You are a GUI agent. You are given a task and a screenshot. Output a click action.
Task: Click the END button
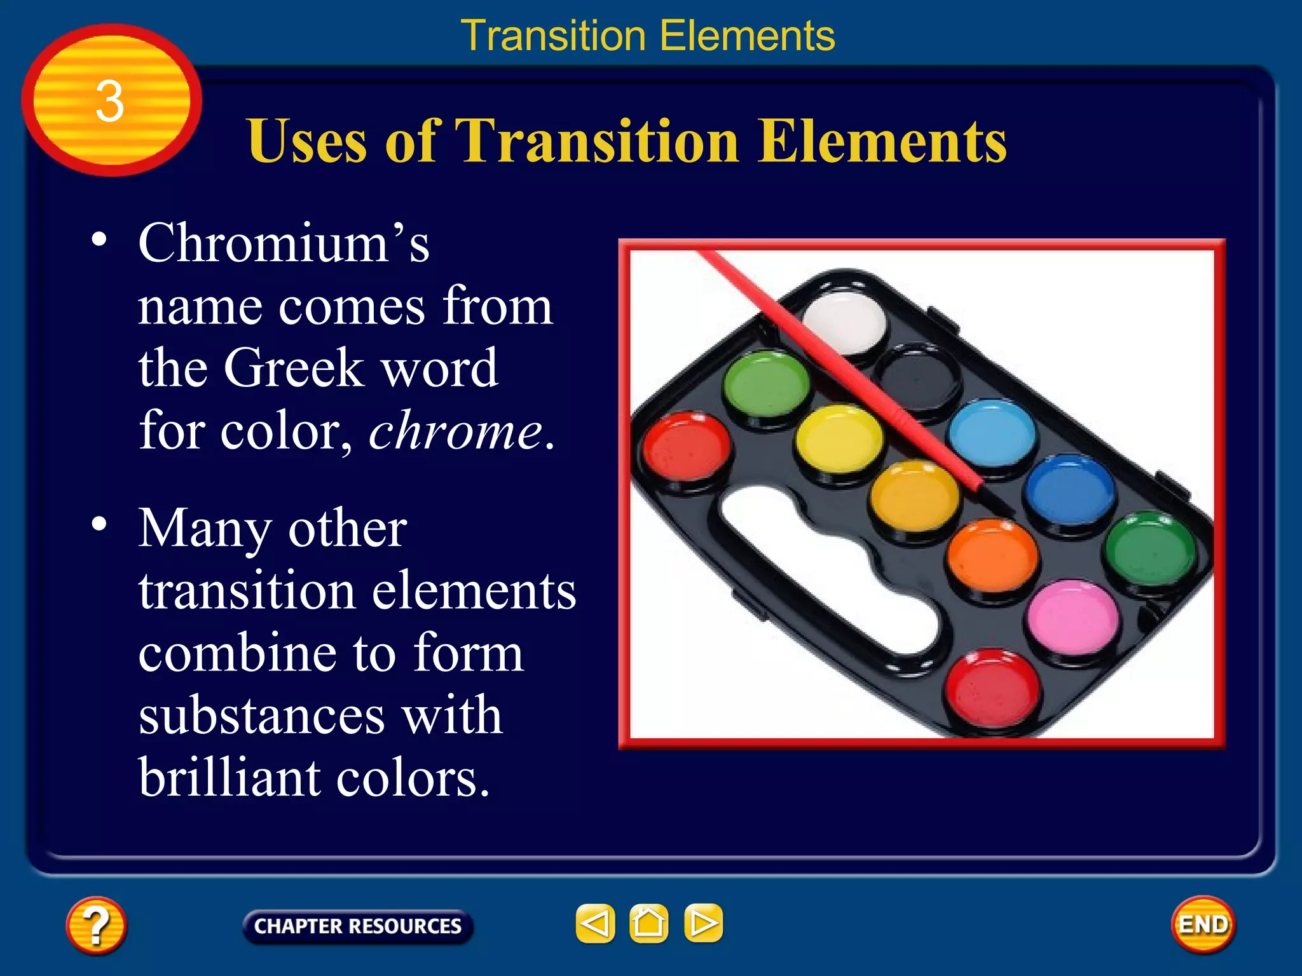tap(1203, 925)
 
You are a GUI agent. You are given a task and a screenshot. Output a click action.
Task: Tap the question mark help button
tap(96, 925)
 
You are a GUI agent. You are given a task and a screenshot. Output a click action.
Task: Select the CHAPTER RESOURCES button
tap(357, 926)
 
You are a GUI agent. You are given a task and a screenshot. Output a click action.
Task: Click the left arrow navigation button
tap(595, 923)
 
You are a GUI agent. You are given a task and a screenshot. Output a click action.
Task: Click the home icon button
tap(648, 923)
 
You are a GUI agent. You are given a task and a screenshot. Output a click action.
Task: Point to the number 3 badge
tap(111, 100)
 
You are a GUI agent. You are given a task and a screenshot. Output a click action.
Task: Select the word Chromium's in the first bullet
tap(284, 243)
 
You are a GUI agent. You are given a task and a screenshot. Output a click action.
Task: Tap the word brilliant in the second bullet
tap(229, 778)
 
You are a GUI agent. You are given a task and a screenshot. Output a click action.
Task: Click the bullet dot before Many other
tap(99, 524)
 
